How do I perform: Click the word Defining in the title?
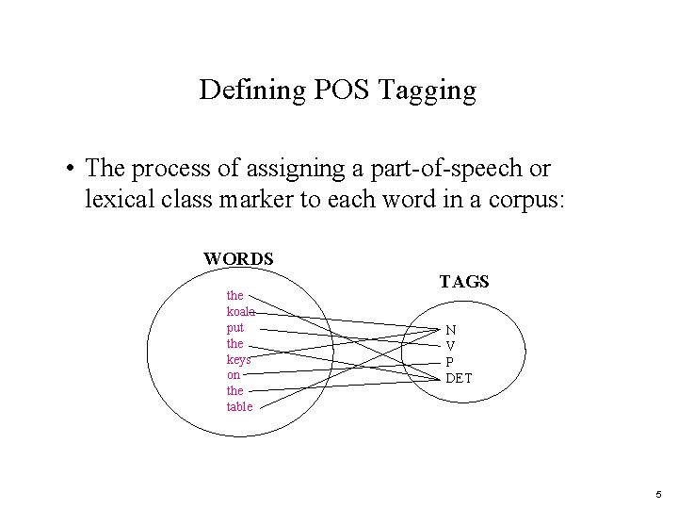pos(239,90)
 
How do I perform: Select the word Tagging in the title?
pos(422,90)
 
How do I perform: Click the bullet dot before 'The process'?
pos(71,170)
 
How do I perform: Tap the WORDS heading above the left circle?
pos(238,258)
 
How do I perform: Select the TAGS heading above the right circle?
pos(464,282)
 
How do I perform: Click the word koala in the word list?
pos(239,311)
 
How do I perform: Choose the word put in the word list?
pos(234,328)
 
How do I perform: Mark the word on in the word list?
pos(233,374)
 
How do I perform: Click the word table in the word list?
pos(239,406)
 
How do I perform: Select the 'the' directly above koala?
pos(234,295)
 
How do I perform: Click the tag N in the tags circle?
pos(451,331)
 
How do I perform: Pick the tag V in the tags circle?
pos(451,346)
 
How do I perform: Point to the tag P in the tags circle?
pos(450,362)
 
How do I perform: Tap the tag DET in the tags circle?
pos(459,378)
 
